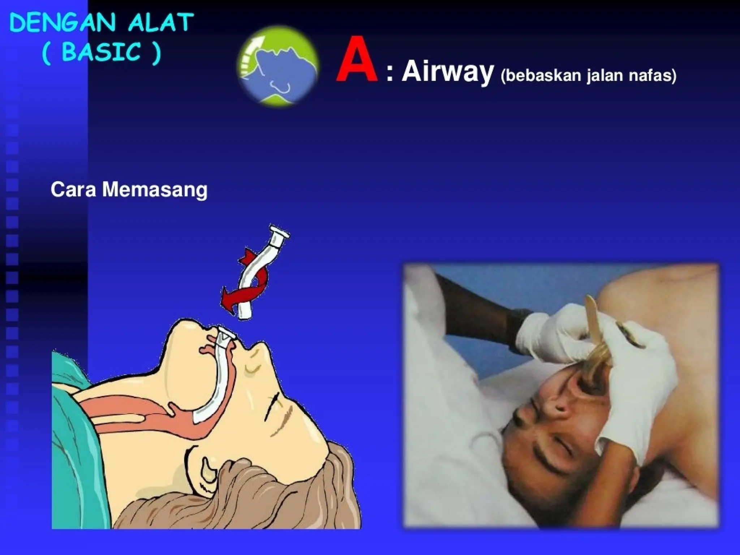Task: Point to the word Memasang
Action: [x=155, y=190]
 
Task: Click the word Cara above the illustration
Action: [x=73, y=190]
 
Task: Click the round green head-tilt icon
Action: [x=278, y=65]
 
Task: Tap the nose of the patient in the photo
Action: [x=528, y=416]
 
